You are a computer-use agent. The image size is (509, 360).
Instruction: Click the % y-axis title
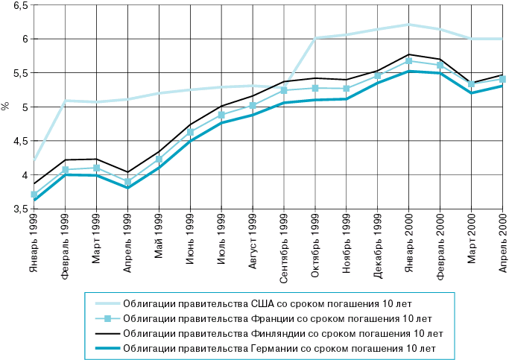[x=5, y=107]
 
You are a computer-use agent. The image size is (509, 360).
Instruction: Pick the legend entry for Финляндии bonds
[x=282, y=333]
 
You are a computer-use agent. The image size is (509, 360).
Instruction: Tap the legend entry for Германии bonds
[x=279, y=348]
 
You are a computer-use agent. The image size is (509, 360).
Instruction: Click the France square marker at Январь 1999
[x=34, y=195]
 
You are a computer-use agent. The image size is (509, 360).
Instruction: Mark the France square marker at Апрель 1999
[x=127, y=182]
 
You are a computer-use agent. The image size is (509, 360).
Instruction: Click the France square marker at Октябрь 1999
[x=315, y=88]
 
